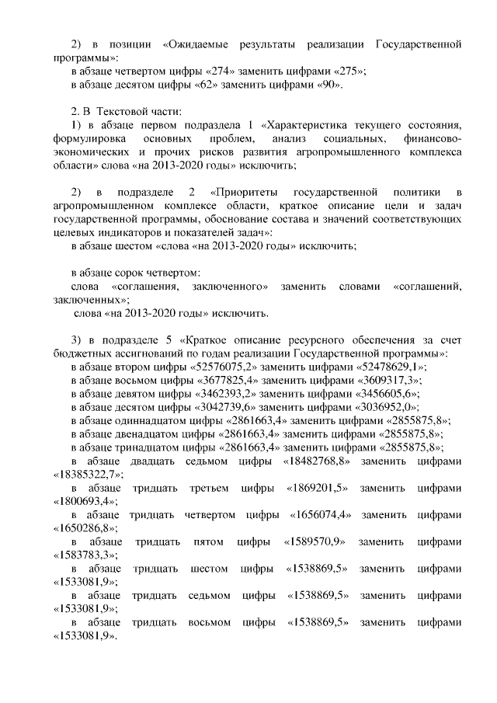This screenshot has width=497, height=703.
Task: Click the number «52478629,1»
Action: [391, 367]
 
